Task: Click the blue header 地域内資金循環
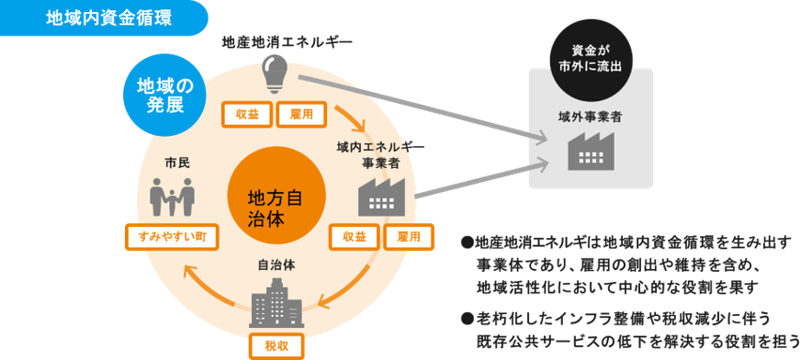(x=104, y=18)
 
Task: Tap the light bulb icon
(x=275, y=74)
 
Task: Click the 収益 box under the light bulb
(x=247, y=115)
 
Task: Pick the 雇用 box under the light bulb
(x=301, y=115)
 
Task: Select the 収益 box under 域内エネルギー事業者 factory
(x=355, y=237)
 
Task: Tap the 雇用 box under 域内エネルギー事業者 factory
(x=409, y=237)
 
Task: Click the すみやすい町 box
(x=172, y=237)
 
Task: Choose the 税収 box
(x=276, y=346)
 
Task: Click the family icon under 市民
(x=172, y=197)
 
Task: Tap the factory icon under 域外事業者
(x=591, y=151)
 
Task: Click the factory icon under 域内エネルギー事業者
(x=381, y=197)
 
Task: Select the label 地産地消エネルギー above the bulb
(x=287, y=41)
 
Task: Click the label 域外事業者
(x=590, y=117)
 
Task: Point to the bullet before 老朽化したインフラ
(x=468, y=317)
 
